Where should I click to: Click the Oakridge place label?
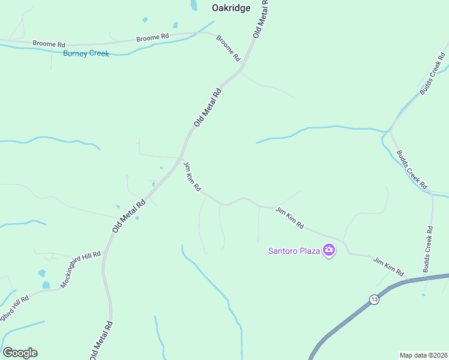tap(231, 8)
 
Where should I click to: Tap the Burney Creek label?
tap(86, 53)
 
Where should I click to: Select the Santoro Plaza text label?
tap(294, 250)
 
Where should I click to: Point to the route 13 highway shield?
tap(374, 299)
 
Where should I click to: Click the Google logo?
tap(20, 353)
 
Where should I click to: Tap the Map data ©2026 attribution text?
tap(423, 355)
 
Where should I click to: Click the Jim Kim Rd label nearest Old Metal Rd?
tap(192, 176)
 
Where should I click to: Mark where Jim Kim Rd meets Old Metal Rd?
tap(182, 157)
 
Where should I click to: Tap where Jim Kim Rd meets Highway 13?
tap(408, 280)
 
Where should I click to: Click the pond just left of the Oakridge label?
tap(194, 5)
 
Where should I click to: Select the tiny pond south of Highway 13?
tap(423, 295)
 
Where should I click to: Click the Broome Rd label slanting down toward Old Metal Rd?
tap(228, 49)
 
